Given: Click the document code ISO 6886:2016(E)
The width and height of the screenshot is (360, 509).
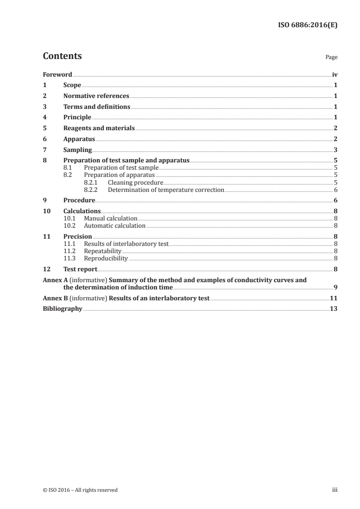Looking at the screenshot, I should (307, 25).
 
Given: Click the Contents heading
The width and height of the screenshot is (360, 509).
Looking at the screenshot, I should (62, 56).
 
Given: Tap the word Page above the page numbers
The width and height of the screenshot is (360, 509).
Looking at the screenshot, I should (331, 58).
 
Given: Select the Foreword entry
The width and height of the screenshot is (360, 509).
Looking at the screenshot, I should (57, 74).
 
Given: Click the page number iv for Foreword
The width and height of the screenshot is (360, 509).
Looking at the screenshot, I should (335, 74).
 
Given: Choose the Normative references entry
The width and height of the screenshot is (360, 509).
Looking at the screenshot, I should (96, 96).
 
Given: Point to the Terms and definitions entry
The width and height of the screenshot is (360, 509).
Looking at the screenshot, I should (97, 107).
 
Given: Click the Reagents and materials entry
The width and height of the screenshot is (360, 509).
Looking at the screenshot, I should (99, 128).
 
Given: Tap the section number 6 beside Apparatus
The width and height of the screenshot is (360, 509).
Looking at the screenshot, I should (44, 139).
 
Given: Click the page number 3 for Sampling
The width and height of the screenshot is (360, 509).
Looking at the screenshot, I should (335, 150).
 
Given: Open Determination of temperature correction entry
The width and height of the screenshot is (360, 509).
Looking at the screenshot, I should (166, 190).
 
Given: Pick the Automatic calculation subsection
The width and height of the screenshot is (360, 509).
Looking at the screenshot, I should (115, 225).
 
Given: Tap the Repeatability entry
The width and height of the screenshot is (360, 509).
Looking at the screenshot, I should (103, 251).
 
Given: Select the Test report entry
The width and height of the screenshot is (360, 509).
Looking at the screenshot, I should (80, 269).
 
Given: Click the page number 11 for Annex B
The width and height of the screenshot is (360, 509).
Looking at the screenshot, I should (334, 298).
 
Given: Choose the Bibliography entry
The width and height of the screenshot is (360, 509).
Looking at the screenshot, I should (62, 309).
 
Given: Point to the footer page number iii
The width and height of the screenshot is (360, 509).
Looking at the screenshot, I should (335, 490).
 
